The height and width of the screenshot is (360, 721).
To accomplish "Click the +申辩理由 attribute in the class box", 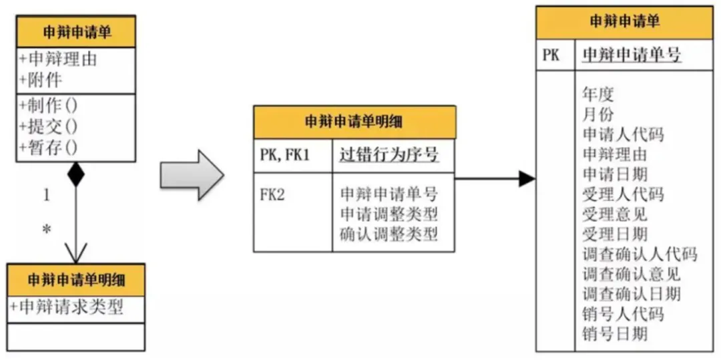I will click(x=58, y=59).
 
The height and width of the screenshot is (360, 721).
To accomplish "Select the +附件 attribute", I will click(x=41, y=80).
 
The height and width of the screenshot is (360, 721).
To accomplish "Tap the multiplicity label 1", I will click(x=47, y=195).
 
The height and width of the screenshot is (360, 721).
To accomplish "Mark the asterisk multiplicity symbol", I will click(x=47, y=230).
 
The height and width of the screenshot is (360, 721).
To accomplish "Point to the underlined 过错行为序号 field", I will click(x=389, y=156).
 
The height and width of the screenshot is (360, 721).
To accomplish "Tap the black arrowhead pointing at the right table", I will click(x=526, y=178).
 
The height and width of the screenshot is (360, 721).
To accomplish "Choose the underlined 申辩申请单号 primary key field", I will click(x=632, y=55).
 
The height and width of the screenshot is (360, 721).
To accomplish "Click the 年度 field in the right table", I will click(x=598, y=94).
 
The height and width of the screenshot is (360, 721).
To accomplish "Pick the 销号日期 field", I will click(x=615, y=333).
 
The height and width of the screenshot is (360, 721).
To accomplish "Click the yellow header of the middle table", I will click(x=354, y=122).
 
